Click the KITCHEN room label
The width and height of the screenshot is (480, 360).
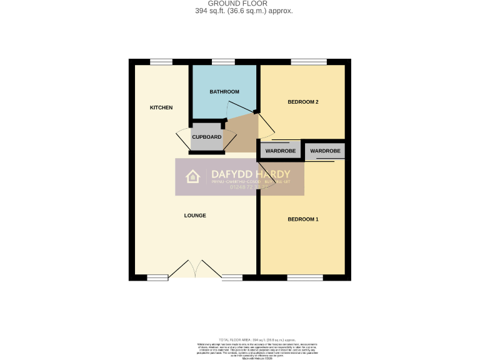(161, 107)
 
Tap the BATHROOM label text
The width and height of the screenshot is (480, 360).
(224, 92)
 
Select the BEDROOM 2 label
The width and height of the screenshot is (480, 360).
(303, 102)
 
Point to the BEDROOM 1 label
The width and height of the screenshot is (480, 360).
(303, 219)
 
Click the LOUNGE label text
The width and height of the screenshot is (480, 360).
(195, 216)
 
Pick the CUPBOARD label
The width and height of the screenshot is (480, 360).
(206, 137)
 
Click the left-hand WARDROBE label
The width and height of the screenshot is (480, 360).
(280, 151)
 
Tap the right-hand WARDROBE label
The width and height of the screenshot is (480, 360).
(325, 151)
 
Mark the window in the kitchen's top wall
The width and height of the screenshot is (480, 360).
(161, 61)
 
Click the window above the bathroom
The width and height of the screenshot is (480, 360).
(223, 61)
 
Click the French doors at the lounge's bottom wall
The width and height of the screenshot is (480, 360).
(195, 269)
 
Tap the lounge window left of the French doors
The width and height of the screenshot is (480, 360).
(157, 277)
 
